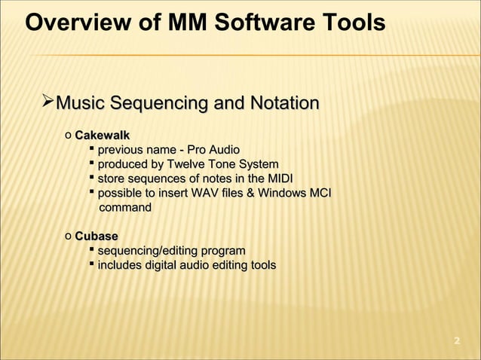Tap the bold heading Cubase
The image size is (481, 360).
coord(96,236)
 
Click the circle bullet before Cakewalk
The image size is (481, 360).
coord(68,136)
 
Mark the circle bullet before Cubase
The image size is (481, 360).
coord(68,236)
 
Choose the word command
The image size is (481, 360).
coord(125,207)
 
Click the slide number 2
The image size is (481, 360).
coord(456,343)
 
